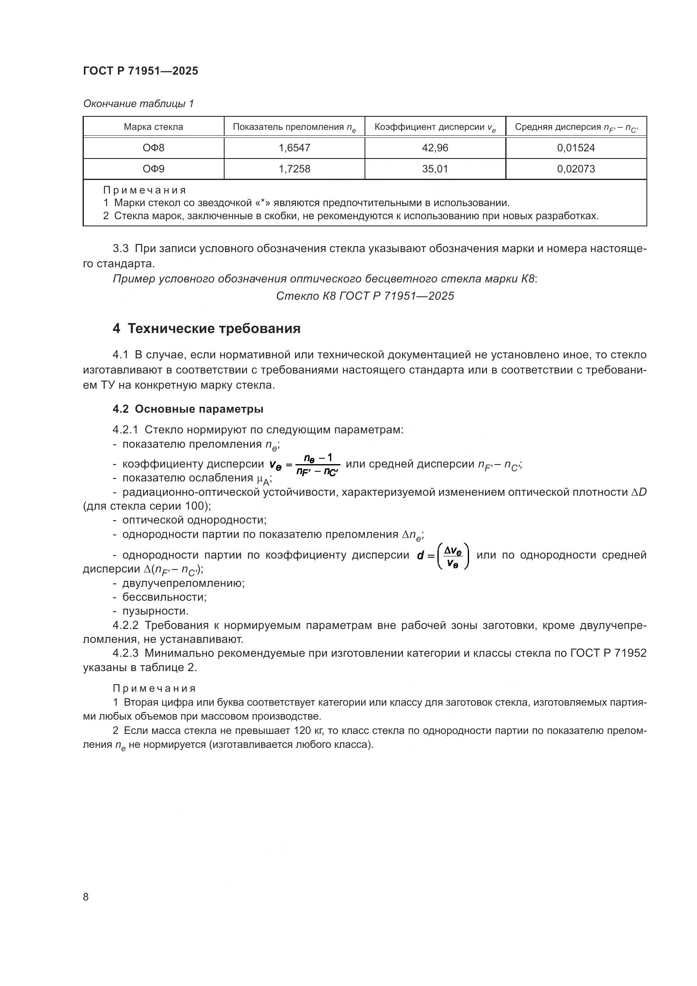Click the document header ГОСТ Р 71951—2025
click(x=140, y=71)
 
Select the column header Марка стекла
click(x=153, y=127)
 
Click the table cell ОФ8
click(x=153, y=148)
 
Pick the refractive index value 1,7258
click(x=294, y=169)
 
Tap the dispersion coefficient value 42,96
click(x=435, y=148)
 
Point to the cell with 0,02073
click(x=576, y=169)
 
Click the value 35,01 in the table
click(x=435, y=169)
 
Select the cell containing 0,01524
click(x=576, y=148)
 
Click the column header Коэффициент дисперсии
click(x=435, y=127)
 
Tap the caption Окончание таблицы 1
click(x=138, y=104)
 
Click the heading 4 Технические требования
click(x=206, y=328)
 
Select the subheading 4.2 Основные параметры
click(x=188, y=409)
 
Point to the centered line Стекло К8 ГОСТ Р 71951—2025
click(x=365, y=296)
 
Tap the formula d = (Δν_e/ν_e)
click(x=443, y=555)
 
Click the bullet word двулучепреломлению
click(x=183, y=583)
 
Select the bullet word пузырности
click(x=155, y=611)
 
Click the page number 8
click(x=86, y=897)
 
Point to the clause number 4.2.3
click(x=125, y=653)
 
